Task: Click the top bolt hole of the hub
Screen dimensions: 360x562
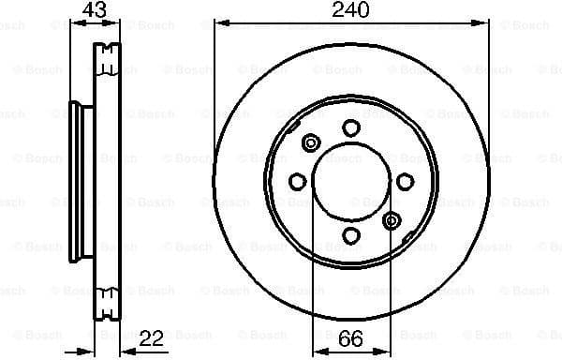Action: pyautogui.click(x=351, y=127)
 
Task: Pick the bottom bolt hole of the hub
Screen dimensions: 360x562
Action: pyautogui.click(x=351, y=235)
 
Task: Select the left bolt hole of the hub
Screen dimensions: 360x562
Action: pyautogui.click(x=298, y=181)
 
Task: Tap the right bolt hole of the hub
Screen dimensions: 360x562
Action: pyautogui.click(x=406, y=182)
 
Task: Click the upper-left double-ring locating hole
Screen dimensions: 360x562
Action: pyautogui.click(x=311, y=143)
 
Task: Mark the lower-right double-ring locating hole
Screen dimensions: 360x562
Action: pyautogui.click(x=392, y=220)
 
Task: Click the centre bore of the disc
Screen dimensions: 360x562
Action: pyautogui.click(x=351, y=182)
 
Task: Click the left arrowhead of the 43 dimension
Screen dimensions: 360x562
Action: pyautogui.click(x=75, y=22)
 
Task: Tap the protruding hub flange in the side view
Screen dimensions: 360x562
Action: pyautogui.click(x=80, y=181)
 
